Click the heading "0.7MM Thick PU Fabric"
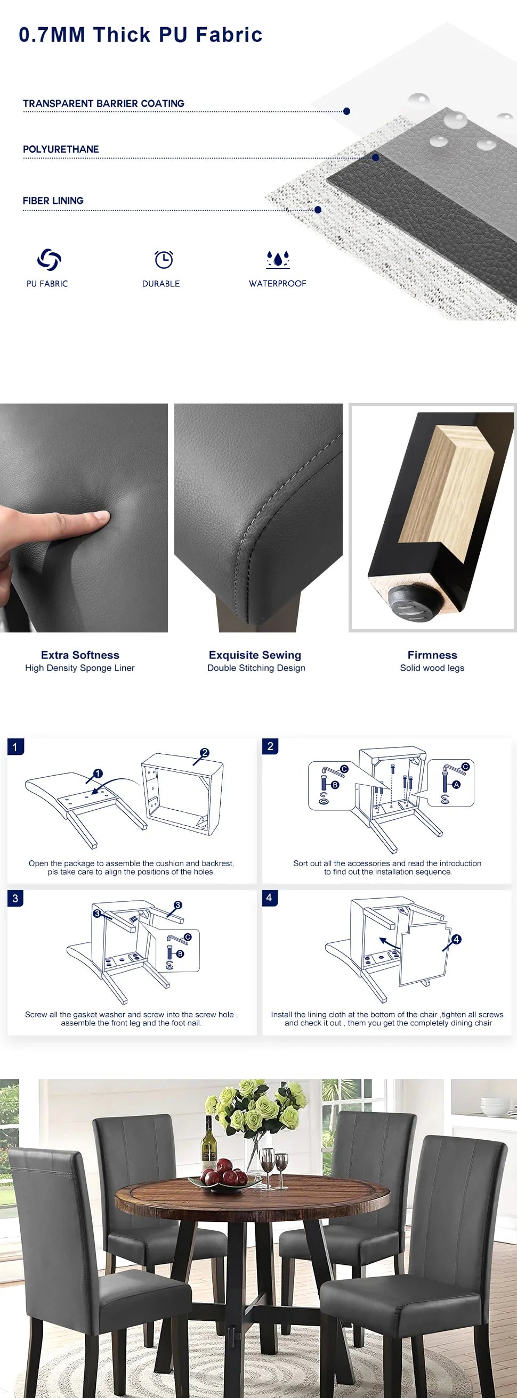coord(141,35)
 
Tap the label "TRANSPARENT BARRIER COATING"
coord(104,103)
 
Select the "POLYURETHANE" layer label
coord(61,149)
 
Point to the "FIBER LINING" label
coord(53,201)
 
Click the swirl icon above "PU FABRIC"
coord(49,259)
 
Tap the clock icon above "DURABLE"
coord(164,259)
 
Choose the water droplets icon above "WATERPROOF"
coord(278,259)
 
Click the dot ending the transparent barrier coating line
coord(346,111)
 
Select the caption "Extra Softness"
coord(80,655)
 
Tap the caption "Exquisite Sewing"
coord(255,655)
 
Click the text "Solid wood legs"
coord(432,668)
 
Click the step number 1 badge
coord(15,747)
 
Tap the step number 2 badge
coord(270,746)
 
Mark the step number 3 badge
coord(15,898)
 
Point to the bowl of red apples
coord(224,1175)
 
